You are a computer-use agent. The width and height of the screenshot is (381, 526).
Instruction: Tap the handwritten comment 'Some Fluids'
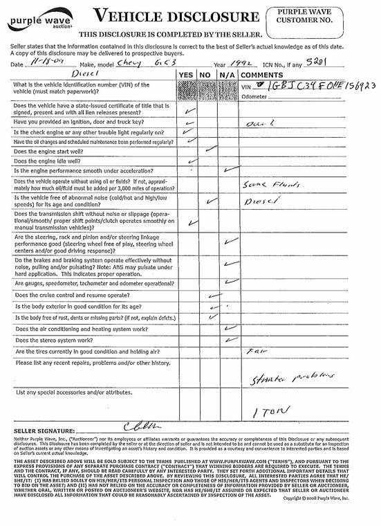coord(264,187)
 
